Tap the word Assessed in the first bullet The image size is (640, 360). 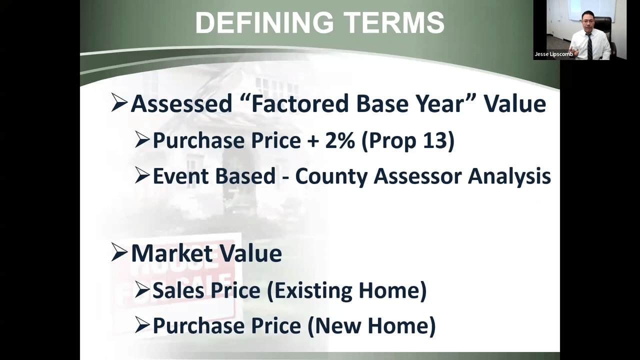(x=181, y=103)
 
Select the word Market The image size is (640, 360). (x=172, y=253)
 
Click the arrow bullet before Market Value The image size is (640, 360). (x=119, y=252)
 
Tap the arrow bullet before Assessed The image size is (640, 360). (x=119, y=103)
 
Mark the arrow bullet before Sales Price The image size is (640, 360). (x=142, y=290)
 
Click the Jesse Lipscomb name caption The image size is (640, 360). (x=553, y=54)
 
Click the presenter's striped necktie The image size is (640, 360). (x=589, y=46)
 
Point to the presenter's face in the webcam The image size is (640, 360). (x=588, y=22)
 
